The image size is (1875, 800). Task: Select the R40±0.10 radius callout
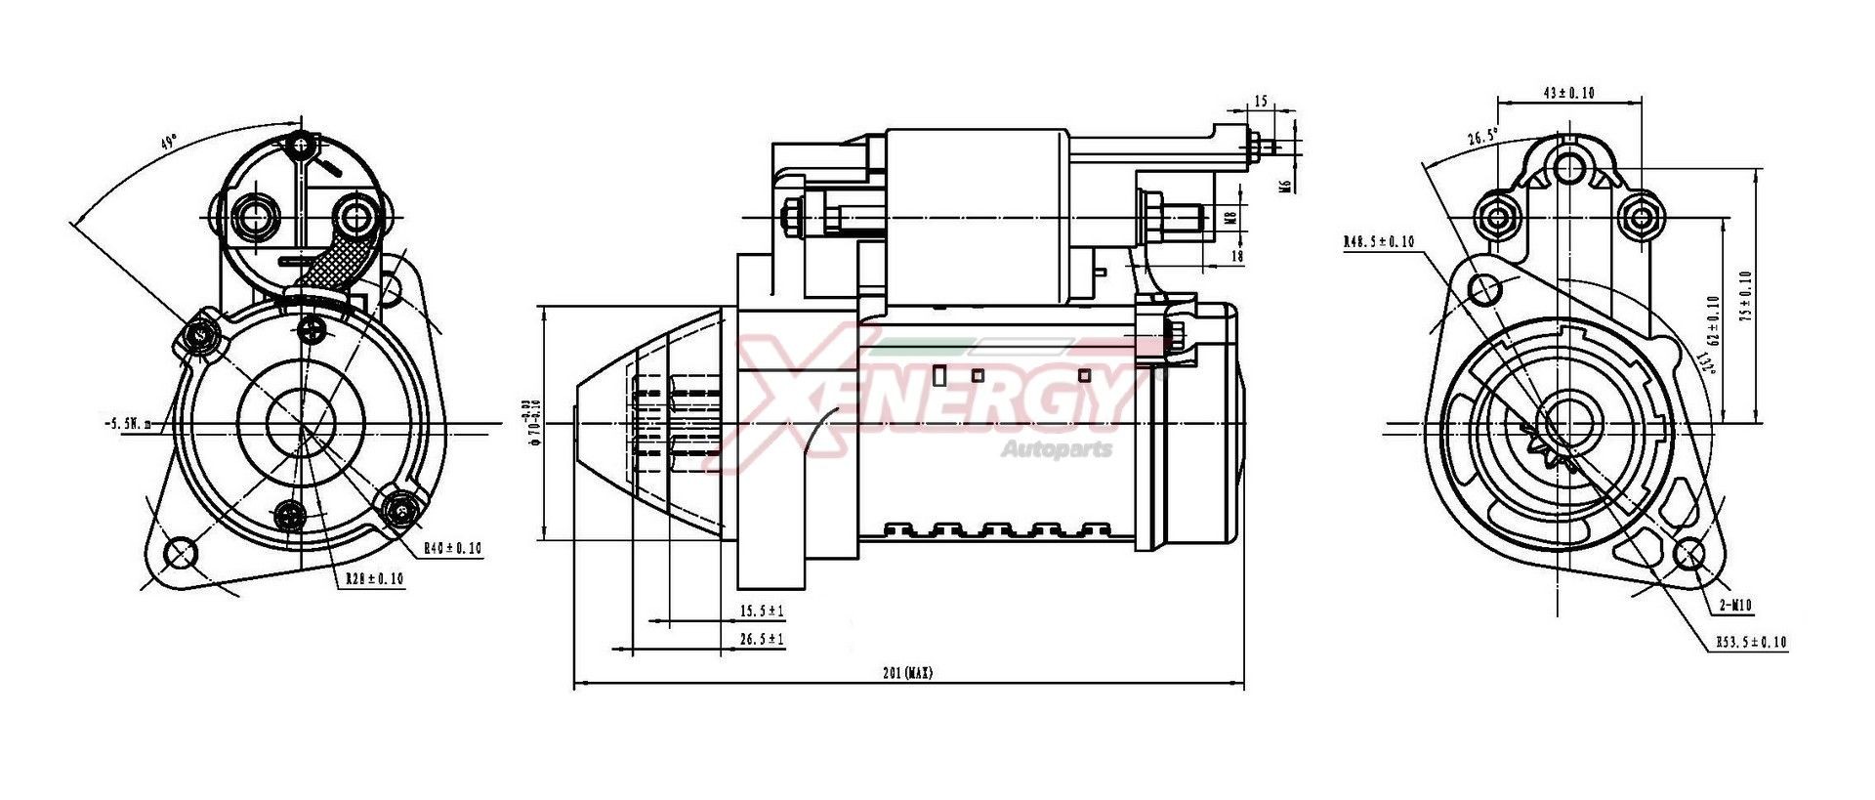pyautogui.click(x=452, y=549)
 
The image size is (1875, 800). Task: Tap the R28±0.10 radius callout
pyautogui.click(x=374, y=579)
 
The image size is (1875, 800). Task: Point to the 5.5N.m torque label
pyautogui.click(x=127, y=424)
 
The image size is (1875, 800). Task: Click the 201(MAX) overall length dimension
pyautogui.click(x=907, y=673)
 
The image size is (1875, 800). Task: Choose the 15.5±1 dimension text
pyautogui.click(x=762, y=611)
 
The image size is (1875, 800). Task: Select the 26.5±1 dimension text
pyautogui.click(x=762, y=640)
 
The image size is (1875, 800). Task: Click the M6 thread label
pyautogui.click(x=1286, y=182)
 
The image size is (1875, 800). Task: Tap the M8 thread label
pyautogui.click(x=1230, y=217)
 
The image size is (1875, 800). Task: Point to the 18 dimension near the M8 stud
pyautogui.click(x=1237, y=256)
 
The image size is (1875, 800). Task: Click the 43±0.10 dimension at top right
pyautogui.click(x=1568, y=93)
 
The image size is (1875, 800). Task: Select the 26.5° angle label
pyautogui.click(x=1482, y=138)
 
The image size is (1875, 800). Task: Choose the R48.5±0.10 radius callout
pyautogui.click(x=1378, y=241)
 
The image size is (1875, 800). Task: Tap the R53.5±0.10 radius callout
pyautogui.click(x=1751, y=643)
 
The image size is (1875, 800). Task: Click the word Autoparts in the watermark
pyautogui.click(x=1056, y=449)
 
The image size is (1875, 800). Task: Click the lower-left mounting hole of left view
pyautogui.click(x=180, y=553)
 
